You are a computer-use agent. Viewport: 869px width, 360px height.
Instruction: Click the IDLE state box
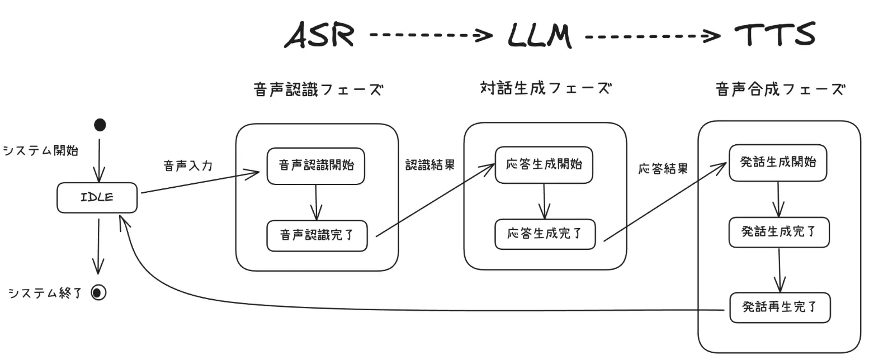[x=97, y=197]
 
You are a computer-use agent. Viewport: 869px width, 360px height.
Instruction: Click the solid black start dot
[x=100, y=125]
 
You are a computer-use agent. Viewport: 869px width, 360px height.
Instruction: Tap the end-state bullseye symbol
[x=98, y=292]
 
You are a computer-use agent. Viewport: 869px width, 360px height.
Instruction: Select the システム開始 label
[x=41, y=151]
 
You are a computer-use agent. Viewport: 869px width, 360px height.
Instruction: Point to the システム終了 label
[x=45, y=293]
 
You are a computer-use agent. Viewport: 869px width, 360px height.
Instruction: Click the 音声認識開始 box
[x=316, y=165]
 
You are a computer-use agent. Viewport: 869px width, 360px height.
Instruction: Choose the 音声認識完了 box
[x=317, y=235]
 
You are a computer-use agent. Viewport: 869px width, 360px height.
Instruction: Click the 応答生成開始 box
[x=544, y=165]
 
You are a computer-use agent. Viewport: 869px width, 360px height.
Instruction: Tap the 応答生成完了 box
[x=545, y=234]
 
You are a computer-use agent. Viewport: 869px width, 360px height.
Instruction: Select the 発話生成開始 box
[x=777, y=163]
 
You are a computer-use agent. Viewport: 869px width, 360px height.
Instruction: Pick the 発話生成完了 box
[x=778, y=232]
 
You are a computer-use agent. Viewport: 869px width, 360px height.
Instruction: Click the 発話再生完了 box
[x=780, y=307]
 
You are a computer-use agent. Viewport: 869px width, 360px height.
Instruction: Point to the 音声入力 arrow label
[x=188, y=166]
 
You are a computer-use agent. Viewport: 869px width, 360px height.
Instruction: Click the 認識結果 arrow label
[x=429, y=165]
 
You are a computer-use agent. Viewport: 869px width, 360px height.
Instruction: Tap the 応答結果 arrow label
[x=663, y=169]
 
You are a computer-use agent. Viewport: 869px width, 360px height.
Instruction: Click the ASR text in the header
[x=319, y=35]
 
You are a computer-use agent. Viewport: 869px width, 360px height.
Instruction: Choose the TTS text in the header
[x=774, y=35]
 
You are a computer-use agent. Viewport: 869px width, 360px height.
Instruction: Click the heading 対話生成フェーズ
[x=545, y=88]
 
